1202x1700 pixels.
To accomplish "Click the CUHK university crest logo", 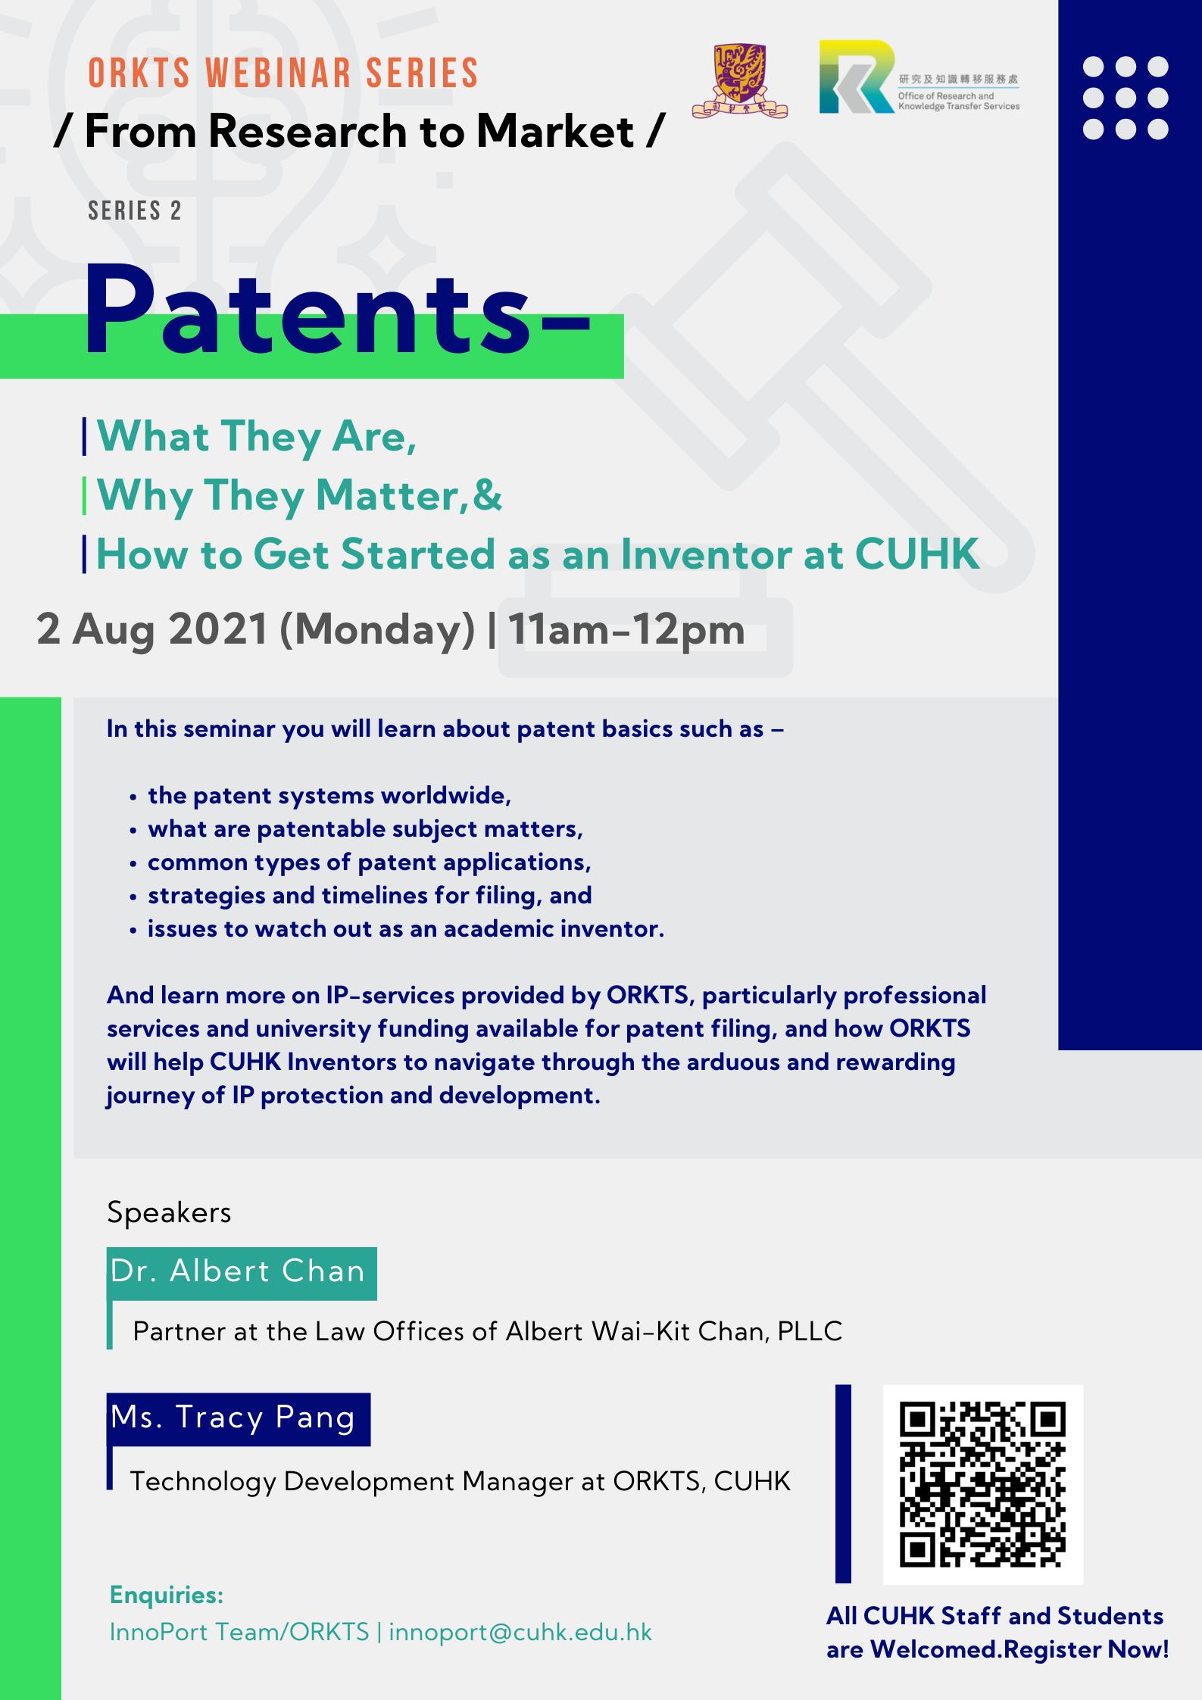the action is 740,80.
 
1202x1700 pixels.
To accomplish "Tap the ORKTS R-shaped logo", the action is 857,76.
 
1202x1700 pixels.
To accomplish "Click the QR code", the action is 982,1484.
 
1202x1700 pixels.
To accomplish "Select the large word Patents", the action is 308,311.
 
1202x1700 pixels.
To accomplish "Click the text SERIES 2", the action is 135,211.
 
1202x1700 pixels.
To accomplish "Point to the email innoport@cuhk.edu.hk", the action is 520,1632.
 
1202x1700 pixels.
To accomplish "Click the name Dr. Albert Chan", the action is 238,1271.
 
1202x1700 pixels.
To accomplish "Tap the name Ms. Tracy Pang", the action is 233,1418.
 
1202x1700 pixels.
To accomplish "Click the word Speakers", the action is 169,1212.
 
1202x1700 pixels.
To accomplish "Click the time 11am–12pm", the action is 626,629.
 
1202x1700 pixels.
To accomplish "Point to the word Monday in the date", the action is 377,630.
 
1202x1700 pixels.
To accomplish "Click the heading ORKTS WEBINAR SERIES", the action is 283,73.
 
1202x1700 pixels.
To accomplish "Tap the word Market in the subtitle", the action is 556,131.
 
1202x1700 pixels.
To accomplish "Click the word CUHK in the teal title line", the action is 917,554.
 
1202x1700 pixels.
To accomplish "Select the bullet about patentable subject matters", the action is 365,829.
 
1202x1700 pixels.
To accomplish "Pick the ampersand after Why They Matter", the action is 487,495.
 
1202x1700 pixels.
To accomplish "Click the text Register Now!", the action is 1086,1650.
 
